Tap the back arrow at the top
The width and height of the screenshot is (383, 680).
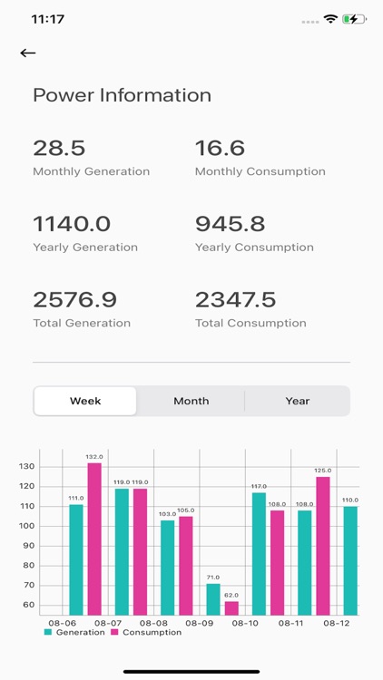coord(28,53)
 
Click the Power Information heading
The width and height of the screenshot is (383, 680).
coord(122,95)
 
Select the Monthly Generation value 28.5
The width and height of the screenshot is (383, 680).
coord(60,148)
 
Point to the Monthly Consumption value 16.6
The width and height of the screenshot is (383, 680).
coord(220,148)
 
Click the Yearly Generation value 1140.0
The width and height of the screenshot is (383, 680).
coord(72,224)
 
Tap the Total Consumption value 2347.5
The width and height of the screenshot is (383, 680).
coord(234,299)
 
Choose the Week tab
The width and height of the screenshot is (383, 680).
coord(85,401)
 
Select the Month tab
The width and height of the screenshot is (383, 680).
coord(191,401)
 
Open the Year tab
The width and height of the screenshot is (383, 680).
coord(297,401)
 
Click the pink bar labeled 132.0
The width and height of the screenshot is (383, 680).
coord(94,539)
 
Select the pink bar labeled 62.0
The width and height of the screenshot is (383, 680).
coord(231,607)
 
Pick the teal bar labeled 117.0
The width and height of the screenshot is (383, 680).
coord(259,553)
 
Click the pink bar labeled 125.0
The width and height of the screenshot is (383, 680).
coord(323,545)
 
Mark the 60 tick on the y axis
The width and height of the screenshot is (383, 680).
coord(27,605)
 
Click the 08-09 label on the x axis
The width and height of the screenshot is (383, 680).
coord(199,623)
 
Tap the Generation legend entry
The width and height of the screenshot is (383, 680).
coord(74,632)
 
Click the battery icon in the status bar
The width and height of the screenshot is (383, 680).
coord(353,18)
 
